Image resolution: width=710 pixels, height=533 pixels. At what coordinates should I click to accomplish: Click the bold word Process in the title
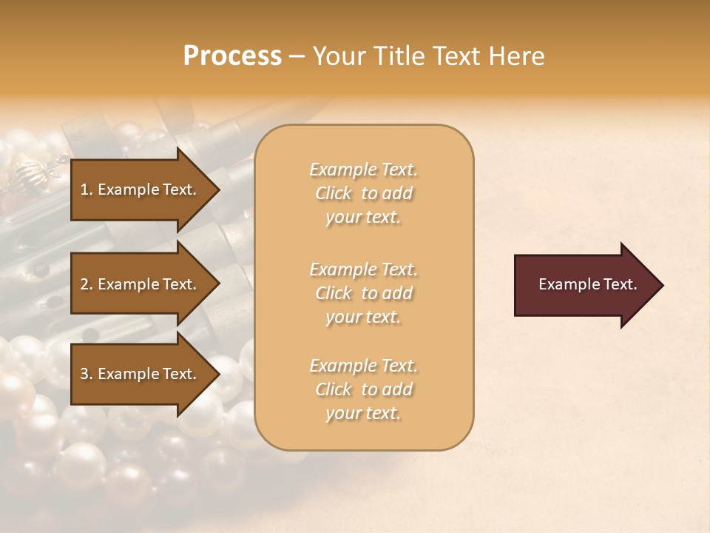232,56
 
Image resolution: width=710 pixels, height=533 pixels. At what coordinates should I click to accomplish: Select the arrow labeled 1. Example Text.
141,190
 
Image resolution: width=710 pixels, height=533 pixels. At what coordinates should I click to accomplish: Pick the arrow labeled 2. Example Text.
141,284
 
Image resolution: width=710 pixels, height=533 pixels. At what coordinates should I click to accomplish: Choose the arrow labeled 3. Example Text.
141,374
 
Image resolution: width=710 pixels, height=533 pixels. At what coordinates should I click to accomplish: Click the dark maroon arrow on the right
584,284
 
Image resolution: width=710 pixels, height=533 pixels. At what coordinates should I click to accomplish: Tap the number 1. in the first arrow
87,190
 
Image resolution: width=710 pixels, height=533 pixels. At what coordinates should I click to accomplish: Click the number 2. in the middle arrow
87,284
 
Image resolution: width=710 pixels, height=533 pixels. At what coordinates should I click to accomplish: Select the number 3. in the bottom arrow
87,374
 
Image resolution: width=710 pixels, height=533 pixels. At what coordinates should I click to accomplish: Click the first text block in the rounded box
363,193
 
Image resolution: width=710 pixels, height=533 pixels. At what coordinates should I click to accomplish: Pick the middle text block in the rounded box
363,293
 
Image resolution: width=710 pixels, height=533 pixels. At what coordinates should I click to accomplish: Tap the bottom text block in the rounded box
363,389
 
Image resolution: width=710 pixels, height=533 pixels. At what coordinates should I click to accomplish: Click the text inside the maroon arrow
587,284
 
